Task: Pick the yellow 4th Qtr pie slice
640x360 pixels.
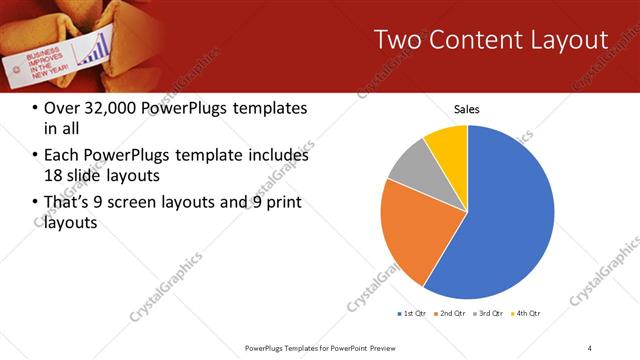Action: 447,145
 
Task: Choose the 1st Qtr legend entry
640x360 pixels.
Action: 413,314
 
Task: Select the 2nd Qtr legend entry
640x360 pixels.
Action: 452,314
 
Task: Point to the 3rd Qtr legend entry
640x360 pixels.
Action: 490,314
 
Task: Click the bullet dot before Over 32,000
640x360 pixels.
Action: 35,108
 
